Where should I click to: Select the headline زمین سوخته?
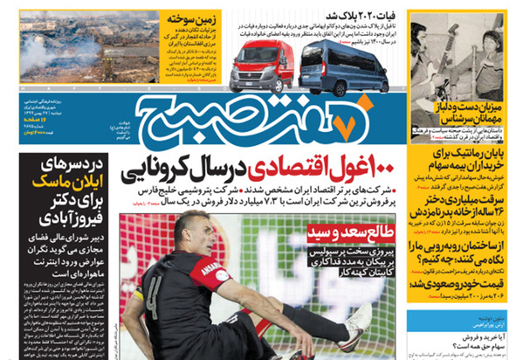pos(189,16)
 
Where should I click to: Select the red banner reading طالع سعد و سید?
pos(348,232)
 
